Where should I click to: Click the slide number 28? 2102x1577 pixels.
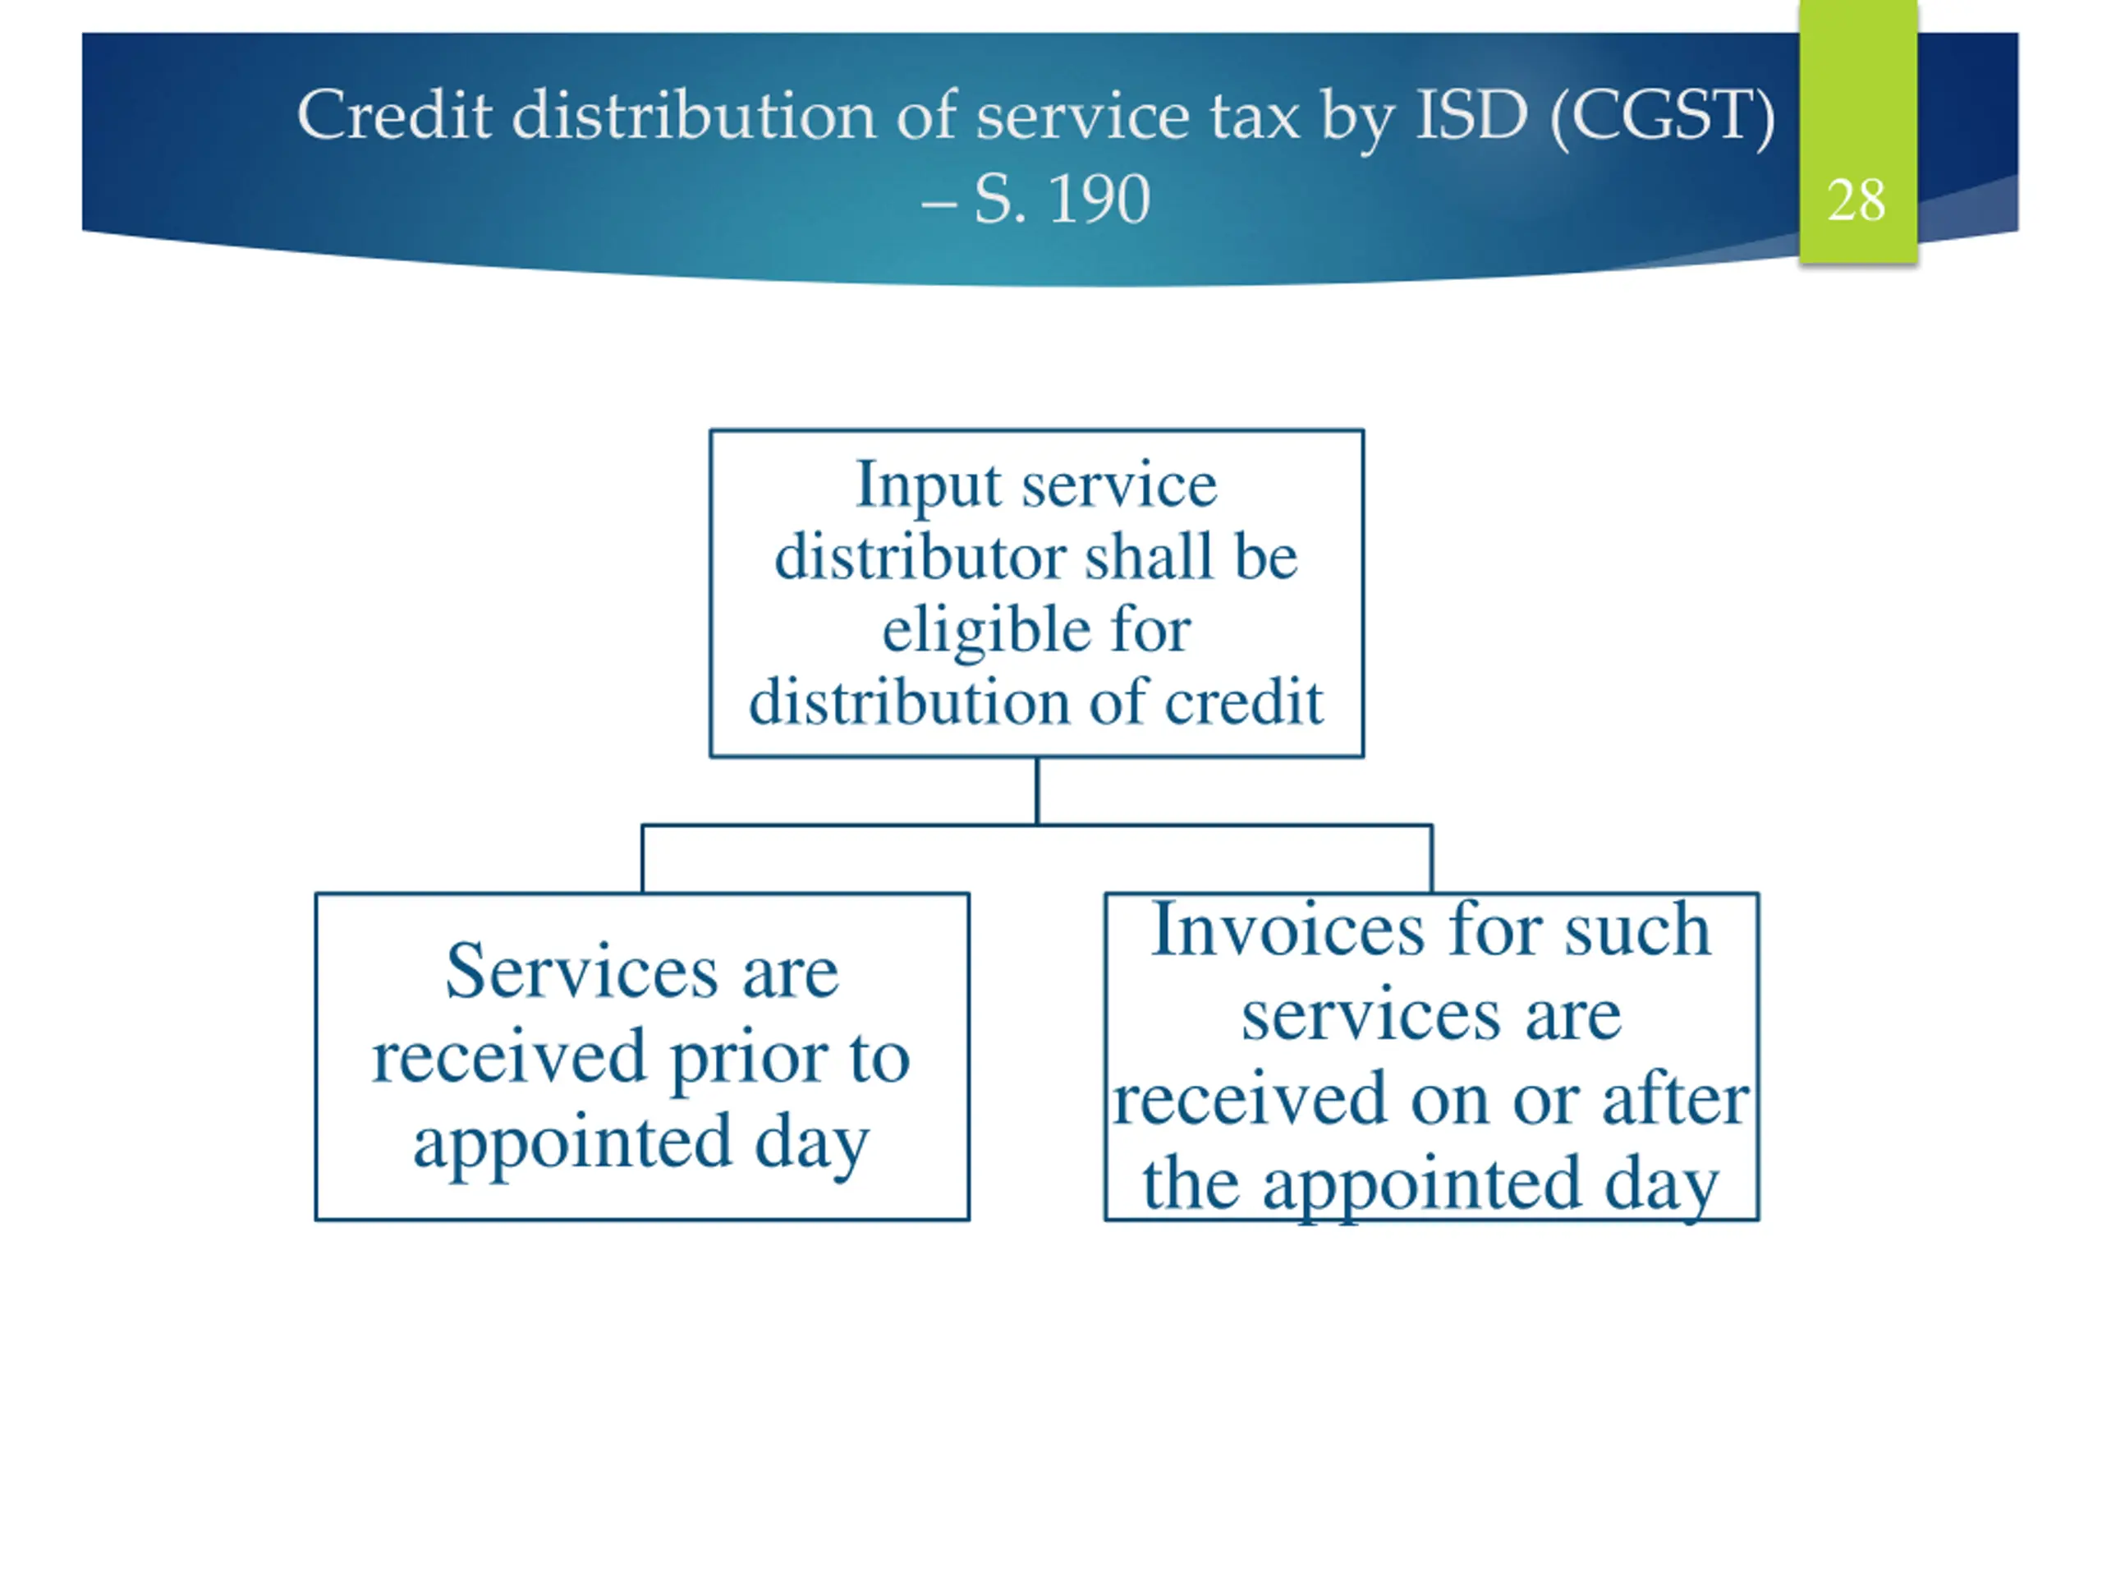[1855, 200]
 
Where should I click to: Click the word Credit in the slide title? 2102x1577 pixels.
[393, 116]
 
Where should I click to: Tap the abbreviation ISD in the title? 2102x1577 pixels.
[1471, 116]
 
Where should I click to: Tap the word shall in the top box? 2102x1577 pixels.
[1151, 557]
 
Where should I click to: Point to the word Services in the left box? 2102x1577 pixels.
[581, 972]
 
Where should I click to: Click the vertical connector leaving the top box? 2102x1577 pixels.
[1037, 791]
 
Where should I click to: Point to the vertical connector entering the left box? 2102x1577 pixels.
[642, 859]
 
